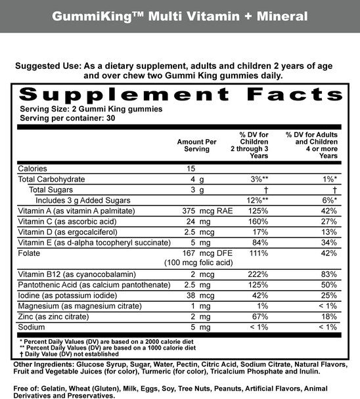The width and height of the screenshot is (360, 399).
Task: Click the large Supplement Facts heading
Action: [x=180, y=94]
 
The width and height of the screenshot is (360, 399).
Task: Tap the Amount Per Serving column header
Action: [x=196, y=145]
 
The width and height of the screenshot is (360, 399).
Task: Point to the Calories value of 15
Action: [x=192, y=169]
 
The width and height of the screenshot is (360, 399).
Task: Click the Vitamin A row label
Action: [x=76, y=211]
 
